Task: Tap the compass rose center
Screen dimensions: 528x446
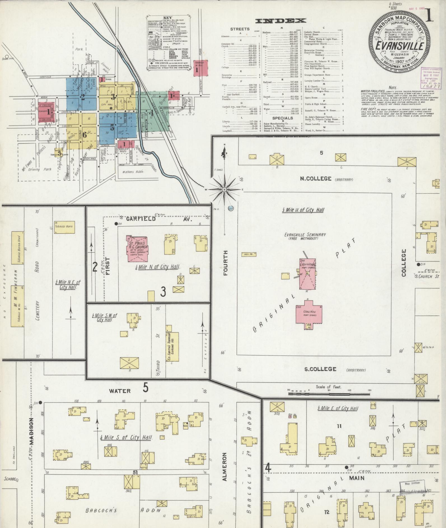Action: pyautogui.click(x=224, y=189)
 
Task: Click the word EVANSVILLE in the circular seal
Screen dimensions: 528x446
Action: pyautogui.click(x=400, y=46)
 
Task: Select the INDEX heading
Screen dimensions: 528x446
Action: pyautogui.click(x=281, y=21)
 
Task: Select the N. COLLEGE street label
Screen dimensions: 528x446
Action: pyautogui.click(x=316, y=179)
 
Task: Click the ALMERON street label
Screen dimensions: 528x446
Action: pyautogui.click(x=225, y=471)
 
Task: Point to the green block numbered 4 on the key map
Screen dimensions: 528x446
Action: pyautogui.click(x=151, y=113)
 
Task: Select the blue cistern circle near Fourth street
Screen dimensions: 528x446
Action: pyautogui.click(x=231, y=208)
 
